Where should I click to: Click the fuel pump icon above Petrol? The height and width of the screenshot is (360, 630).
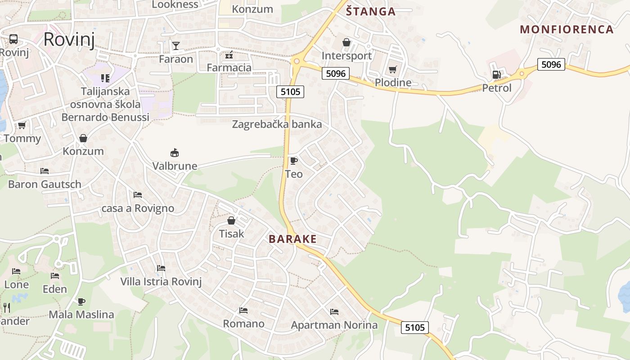[496, 75]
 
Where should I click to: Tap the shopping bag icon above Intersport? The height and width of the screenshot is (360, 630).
[346, 42]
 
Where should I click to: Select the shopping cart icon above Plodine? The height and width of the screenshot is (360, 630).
[393, 69]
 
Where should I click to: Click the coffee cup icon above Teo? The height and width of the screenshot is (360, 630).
[293, 161]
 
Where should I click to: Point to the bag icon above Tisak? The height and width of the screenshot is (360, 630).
[231, 220]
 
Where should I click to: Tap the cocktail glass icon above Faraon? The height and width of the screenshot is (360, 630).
[175, 45]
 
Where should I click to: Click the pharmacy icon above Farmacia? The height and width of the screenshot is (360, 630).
[229, 55]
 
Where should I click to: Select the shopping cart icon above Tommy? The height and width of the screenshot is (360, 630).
[22, 125]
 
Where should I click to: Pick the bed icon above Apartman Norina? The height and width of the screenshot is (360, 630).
[334, 311]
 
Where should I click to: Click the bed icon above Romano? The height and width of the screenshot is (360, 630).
[243, 310]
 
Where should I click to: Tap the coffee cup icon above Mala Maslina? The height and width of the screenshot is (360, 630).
[81, 301]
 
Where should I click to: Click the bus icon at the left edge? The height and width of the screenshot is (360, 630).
[13, 39]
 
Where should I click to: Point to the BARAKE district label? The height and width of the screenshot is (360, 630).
[292, 239]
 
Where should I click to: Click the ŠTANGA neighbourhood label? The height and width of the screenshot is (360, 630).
[371, 12]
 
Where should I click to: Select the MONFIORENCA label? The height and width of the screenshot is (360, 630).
[567, 30]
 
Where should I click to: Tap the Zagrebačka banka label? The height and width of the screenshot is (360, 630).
[277, 124]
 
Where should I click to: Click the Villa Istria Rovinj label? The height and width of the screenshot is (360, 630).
[161, 282]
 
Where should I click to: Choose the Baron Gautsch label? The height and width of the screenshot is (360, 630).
[45, 184]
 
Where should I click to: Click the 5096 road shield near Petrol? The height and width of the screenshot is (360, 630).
[551, 64]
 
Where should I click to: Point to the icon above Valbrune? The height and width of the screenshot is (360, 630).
[175, 153]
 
